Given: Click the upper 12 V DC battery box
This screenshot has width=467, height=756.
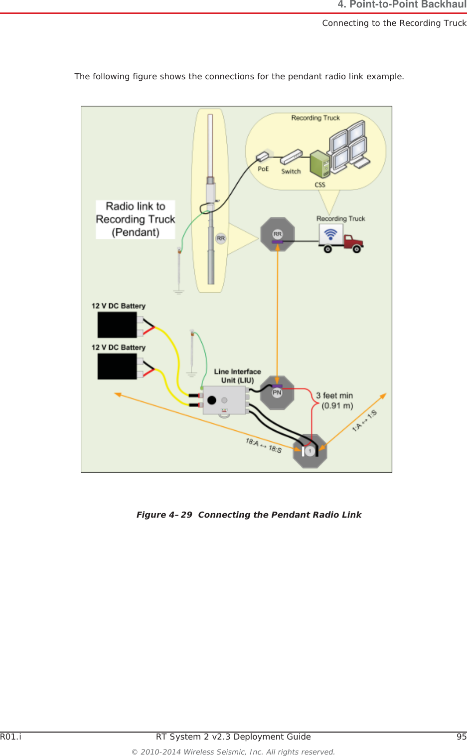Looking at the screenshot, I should click(117, 325).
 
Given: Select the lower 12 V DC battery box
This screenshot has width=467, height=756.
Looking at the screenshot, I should click(117, 367).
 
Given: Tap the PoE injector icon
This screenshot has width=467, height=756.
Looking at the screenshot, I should click(263, 157).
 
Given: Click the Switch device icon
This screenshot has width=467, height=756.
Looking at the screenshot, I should click(291, 157).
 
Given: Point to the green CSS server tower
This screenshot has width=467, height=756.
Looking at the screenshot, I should click(319, 165).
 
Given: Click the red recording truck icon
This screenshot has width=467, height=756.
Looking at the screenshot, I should click(341, 238).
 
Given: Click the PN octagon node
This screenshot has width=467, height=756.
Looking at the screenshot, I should click(277, 393).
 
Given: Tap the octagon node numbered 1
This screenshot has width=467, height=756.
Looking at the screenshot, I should click(310, 451).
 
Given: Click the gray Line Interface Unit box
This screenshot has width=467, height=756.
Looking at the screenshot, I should click(225, 400).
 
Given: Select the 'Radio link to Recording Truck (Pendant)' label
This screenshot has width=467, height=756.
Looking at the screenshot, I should click(136, 219).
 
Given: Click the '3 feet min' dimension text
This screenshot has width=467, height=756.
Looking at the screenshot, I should click(334, 396).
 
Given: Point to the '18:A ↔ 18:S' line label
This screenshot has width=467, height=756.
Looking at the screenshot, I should click(264, 445).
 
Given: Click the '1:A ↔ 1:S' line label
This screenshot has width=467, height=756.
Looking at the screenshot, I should click(364, 420).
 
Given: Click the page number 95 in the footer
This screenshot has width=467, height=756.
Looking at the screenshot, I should click(461, 737).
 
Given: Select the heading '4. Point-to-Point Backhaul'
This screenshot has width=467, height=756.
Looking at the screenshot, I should click(402, 5).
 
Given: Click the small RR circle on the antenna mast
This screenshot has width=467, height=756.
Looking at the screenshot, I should click(221, 238).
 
